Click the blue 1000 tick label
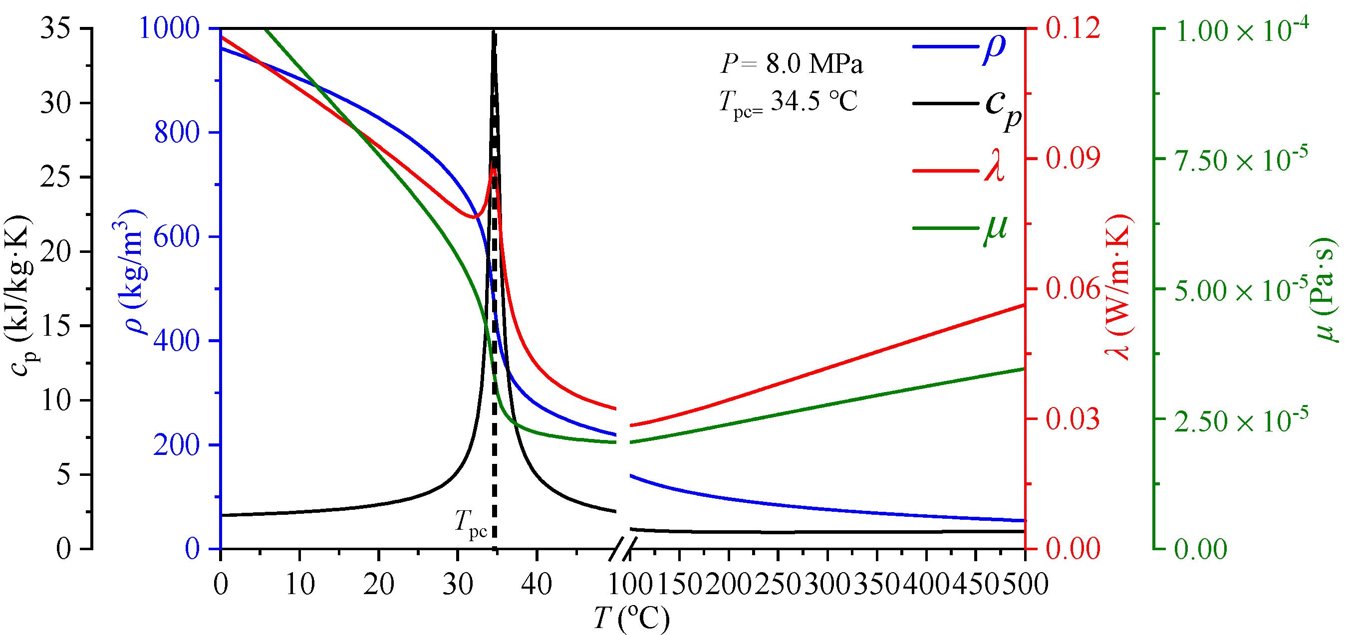[x=169, y=27]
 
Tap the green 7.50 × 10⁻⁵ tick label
[x=1240, y=160]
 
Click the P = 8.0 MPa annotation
[x=792, y=64]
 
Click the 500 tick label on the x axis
[x=1025, y=584]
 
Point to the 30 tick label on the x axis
[x=458, y=584]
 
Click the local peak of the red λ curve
[x=494, y=169]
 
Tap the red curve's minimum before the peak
[x=474, y=216]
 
